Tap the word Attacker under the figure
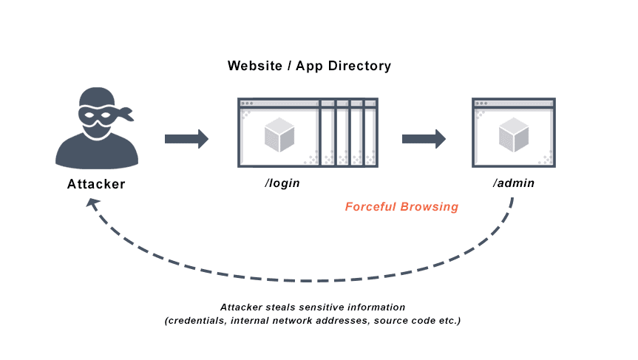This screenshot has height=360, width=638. coord(97,184)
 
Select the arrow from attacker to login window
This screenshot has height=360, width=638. coord(186,139)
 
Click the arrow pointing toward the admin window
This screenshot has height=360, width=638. coord(423,139)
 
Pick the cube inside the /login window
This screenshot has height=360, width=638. coord(279,134)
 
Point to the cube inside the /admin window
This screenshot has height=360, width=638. coord(513,134)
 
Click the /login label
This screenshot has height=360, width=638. coord(282,183)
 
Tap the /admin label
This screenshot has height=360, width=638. coord(513,183)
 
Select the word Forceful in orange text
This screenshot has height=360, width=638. coord(371,207)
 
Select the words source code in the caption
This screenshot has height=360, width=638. coord(403,321)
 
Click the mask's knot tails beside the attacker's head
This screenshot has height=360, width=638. coord(126,114)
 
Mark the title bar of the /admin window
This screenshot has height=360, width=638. coord(513,103)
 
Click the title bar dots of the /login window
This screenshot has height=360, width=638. coord(247,103)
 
